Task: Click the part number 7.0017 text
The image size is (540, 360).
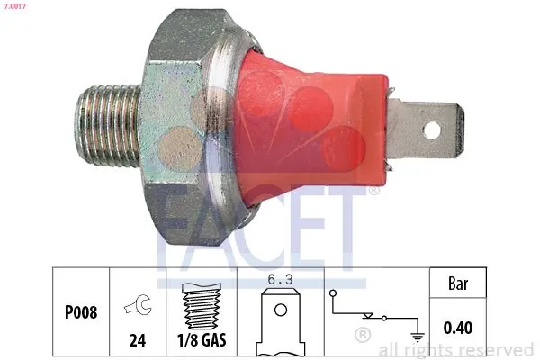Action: (14, 6)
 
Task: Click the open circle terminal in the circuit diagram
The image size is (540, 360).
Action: (335, 293)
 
